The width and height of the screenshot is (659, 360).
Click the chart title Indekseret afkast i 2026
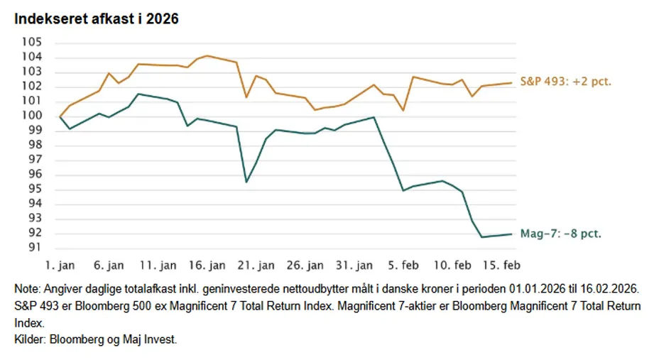point(96,19)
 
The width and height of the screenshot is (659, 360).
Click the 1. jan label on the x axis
point(60,266)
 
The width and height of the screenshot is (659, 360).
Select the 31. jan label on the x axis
point(354,266)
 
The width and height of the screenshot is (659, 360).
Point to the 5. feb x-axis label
point(403,266)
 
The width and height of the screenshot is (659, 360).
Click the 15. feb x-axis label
point(501,266)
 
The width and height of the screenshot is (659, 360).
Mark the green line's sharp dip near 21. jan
point(246,182)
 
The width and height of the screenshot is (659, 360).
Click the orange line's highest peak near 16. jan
point(207,55)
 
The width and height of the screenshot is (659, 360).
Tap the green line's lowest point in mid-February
point(483,236)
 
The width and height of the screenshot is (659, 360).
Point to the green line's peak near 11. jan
point(138,94)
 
